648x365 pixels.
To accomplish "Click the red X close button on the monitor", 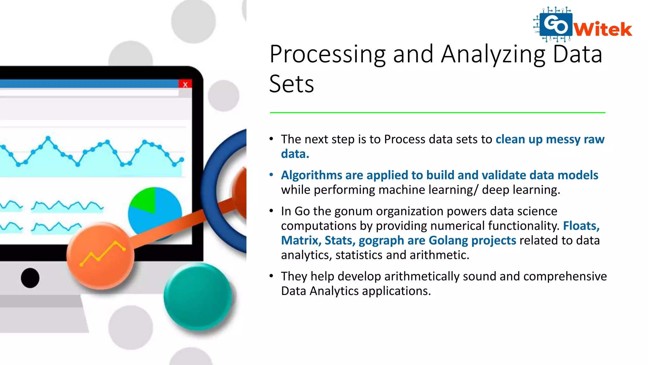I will coord(185,84).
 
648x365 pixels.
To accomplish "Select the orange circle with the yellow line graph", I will coord(101,255).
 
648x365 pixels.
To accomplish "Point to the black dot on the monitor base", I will coord(30,278).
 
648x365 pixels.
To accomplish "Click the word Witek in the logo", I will coord(603,29).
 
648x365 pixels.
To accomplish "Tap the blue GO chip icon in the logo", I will coord(556,24).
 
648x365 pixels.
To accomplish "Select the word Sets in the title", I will coord(291,84).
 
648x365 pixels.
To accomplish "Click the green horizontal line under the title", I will coord(437,112).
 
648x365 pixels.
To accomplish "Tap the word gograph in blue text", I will coord(381,240).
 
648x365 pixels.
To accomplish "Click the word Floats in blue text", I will coord(581,226).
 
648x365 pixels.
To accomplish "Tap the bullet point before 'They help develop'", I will coord(271,276).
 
